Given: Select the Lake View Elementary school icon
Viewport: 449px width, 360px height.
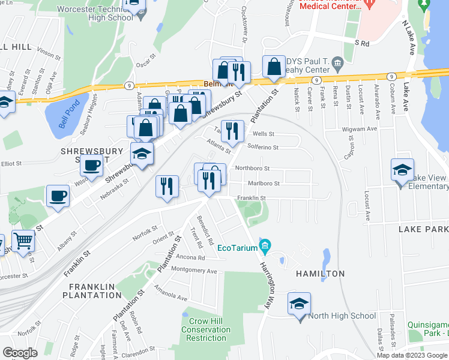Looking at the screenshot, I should click(x=402, y=170).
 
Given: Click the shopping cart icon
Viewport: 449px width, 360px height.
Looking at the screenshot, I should click(x=23, y=242).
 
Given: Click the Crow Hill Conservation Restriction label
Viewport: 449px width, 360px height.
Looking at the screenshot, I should click(x=206, y=329).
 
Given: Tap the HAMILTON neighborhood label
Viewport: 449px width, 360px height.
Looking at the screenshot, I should click(x=320, y=274).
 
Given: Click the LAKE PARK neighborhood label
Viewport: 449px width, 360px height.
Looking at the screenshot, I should click(x=423, y=230).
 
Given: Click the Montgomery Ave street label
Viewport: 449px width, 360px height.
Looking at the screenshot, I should click(x=194, y=271).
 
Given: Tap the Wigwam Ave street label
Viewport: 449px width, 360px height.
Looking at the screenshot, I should click(x=364, y=128).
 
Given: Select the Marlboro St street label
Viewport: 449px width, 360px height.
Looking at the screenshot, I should click(x=264, y=184).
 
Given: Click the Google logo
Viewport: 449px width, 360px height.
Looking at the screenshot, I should click(x=20, y=353).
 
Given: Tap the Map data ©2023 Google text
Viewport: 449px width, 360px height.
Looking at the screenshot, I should click(x=412, y=355).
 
